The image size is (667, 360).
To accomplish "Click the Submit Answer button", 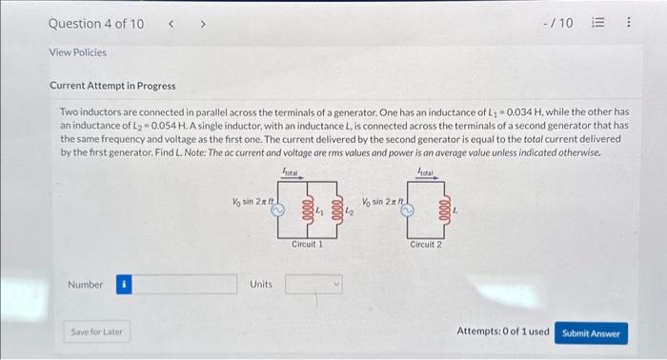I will pos(591,332).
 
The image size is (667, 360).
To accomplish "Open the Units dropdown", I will pos(313,284).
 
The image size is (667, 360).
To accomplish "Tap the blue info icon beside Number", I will pos(123,284).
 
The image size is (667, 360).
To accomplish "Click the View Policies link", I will pos(77,52).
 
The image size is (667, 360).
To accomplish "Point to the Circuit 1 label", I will pos(307,245).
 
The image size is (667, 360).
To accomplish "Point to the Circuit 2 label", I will pos(426,245).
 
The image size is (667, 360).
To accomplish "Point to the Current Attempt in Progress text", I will pos(112,87).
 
